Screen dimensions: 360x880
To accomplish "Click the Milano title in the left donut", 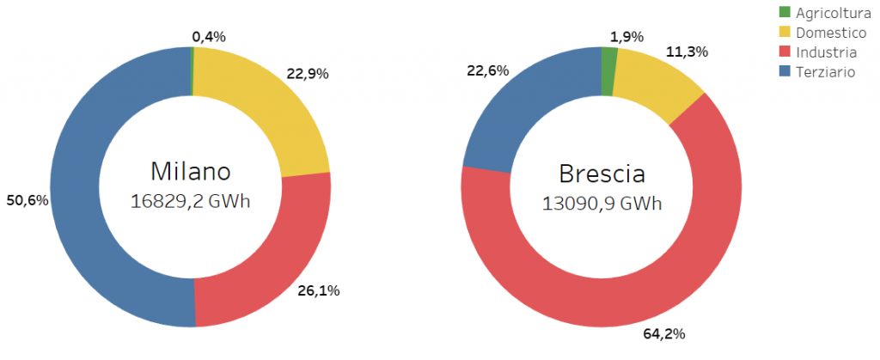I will [191, 171].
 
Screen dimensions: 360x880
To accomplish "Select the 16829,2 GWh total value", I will [190, 201].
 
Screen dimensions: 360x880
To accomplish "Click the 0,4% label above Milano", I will [208, 36].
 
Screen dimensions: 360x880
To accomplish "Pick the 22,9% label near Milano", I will [309, 74].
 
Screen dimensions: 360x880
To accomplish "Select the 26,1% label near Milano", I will [320, 290].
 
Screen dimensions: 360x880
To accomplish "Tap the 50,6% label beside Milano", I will [27, 201].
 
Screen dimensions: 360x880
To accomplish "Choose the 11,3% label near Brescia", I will [687, 52].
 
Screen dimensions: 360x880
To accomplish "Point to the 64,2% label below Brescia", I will [664, 333].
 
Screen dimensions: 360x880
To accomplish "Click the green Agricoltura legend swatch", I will [784, 12].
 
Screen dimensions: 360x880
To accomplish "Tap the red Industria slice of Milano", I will [266, 258].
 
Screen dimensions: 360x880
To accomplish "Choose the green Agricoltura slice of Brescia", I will [608, 60].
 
